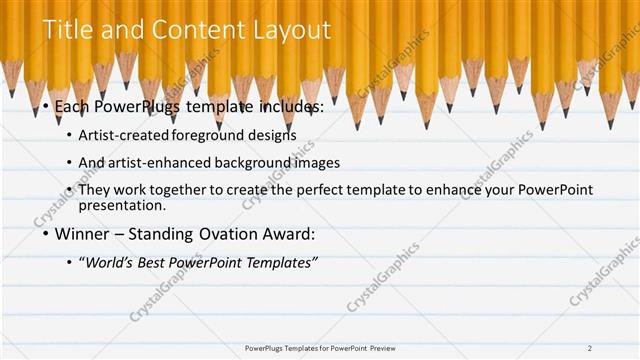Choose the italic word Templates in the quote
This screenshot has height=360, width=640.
click(x=282, y=262)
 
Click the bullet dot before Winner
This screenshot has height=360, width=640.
click(x=47, y=236)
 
